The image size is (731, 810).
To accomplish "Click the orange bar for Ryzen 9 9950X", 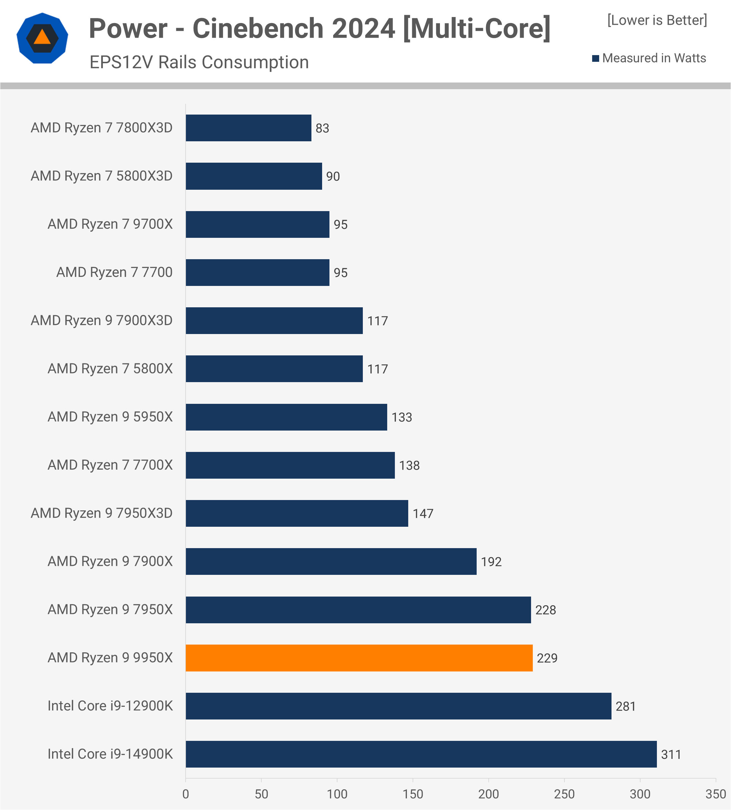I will pyautogui.click(x=359, y=658).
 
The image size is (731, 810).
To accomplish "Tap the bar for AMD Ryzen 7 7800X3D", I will pyautogui.click(x=248, y=128).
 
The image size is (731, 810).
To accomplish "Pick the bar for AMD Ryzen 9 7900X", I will pyautogui.click(x=331, y=561).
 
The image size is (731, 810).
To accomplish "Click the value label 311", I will pyautogui.click(x=671, y=755).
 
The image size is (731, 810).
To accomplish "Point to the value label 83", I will pyautogui.click(x=322, y=128).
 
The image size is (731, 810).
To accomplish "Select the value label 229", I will pyautogui.click(x=547, y=658).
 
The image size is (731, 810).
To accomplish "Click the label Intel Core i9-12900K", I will pyautogui.click(x=110, y=706).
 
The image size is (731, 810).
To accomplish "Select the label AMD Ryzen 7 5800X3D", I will pyautogui.click(x=101, y=176).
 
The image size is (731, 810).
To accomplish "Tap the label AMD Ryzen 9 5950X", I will pyautogui.click(x=110, y=417).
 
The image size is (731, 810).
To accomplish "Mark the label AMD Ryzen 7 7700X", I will pyautogui.click(x=110, y=465).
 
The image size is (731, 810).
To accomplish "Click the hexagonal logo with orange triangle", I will pyautogui.click(x=42, y=38).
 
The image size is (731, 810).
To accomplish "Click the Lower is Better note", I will pyautogui.click(x=657, y=20).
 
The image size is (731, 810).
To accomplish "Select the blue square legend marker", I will pyautogui.click(x=595, y=58).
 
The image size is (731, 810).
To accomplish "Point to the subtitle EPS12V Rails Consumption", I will pyautogui.click(x=199, y=62).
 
